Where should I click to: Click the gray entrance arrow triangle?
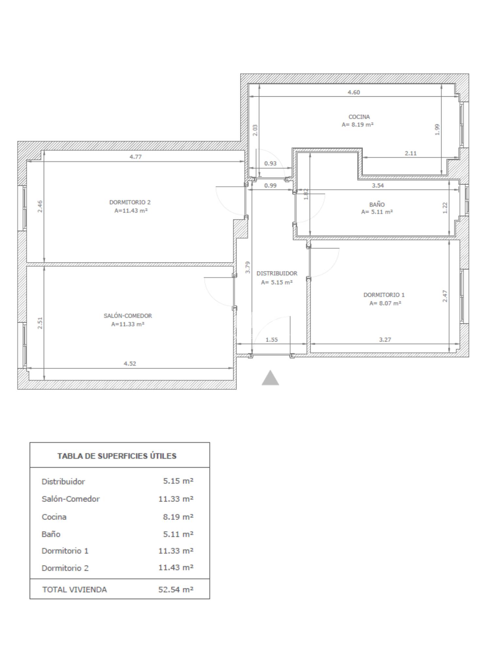point(270,378)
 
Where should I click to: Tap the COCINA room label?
point(359,117)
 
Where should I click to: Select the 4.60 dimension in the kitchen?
point(354,92)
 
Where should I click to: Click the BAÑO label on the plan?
point(377,204)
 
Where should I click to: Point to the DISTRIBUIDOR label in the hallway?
point(277,273)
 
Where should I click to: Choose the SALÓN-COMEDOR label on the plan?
point(128,316)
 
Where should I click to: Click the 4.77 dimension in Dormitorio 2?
point(136,157)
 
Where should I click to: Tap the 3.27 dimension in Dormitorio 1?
point(385,340)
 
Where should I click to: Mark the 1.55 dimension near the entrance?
point(271,340)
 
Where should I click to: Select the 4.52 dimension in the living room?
point(130,363)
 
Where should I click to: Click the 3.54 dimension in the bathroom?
point(378,185)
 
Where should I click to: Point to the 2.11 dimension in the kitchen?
point(411,153)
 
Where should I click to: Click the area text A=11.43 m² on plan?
point(131,211)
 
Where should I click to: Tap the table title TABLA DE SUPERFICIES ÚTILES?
point(117,456)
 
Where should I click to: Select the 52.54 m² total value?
point(176,589)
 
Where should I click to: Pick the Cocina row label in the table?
point(54,517)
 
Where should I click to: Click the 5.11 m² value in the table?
point(178,534)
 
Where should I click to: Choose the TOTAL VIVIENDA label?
point(74,590)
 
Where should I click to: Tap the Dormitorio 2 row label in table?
point(65,568)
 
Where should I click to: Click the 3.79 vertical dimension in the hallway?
point(248,267)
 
